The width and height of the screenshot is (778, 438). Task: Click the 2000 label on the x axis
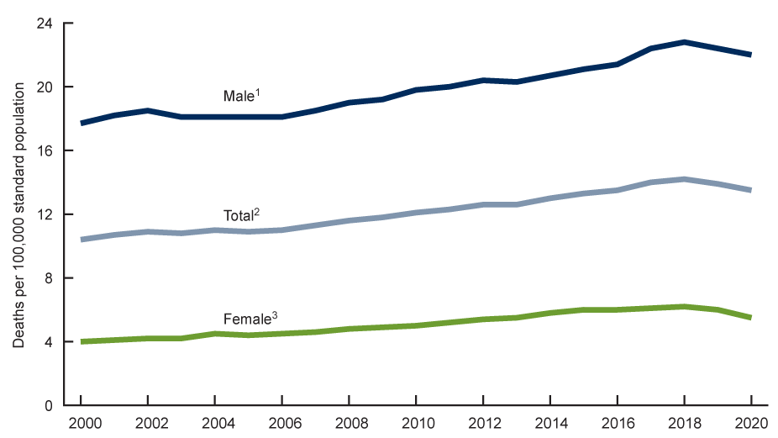81,424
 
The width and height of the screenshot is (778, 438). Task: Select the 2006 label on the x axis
282,424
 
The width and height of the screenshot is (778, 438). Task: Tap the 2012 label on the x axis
483,424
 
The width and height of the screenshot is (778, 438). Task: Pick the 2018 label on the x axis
684,424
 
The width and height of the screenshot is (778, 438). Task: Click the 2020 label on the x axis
750,424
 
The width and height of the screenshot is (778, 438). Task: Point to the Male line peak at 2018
684,42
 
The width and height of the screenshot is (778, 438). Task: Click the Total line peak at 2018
684,179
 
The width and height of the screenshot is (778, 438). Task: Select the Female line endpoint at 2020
750,318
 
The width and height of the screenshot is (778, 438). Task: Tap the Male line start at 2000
81,124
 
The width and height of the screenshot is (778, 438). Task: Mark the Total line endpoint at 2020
750,190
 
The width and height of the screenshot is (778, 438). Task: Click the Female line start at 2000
81,341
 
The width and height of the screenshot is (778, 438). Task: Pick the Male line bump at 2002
149,111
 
